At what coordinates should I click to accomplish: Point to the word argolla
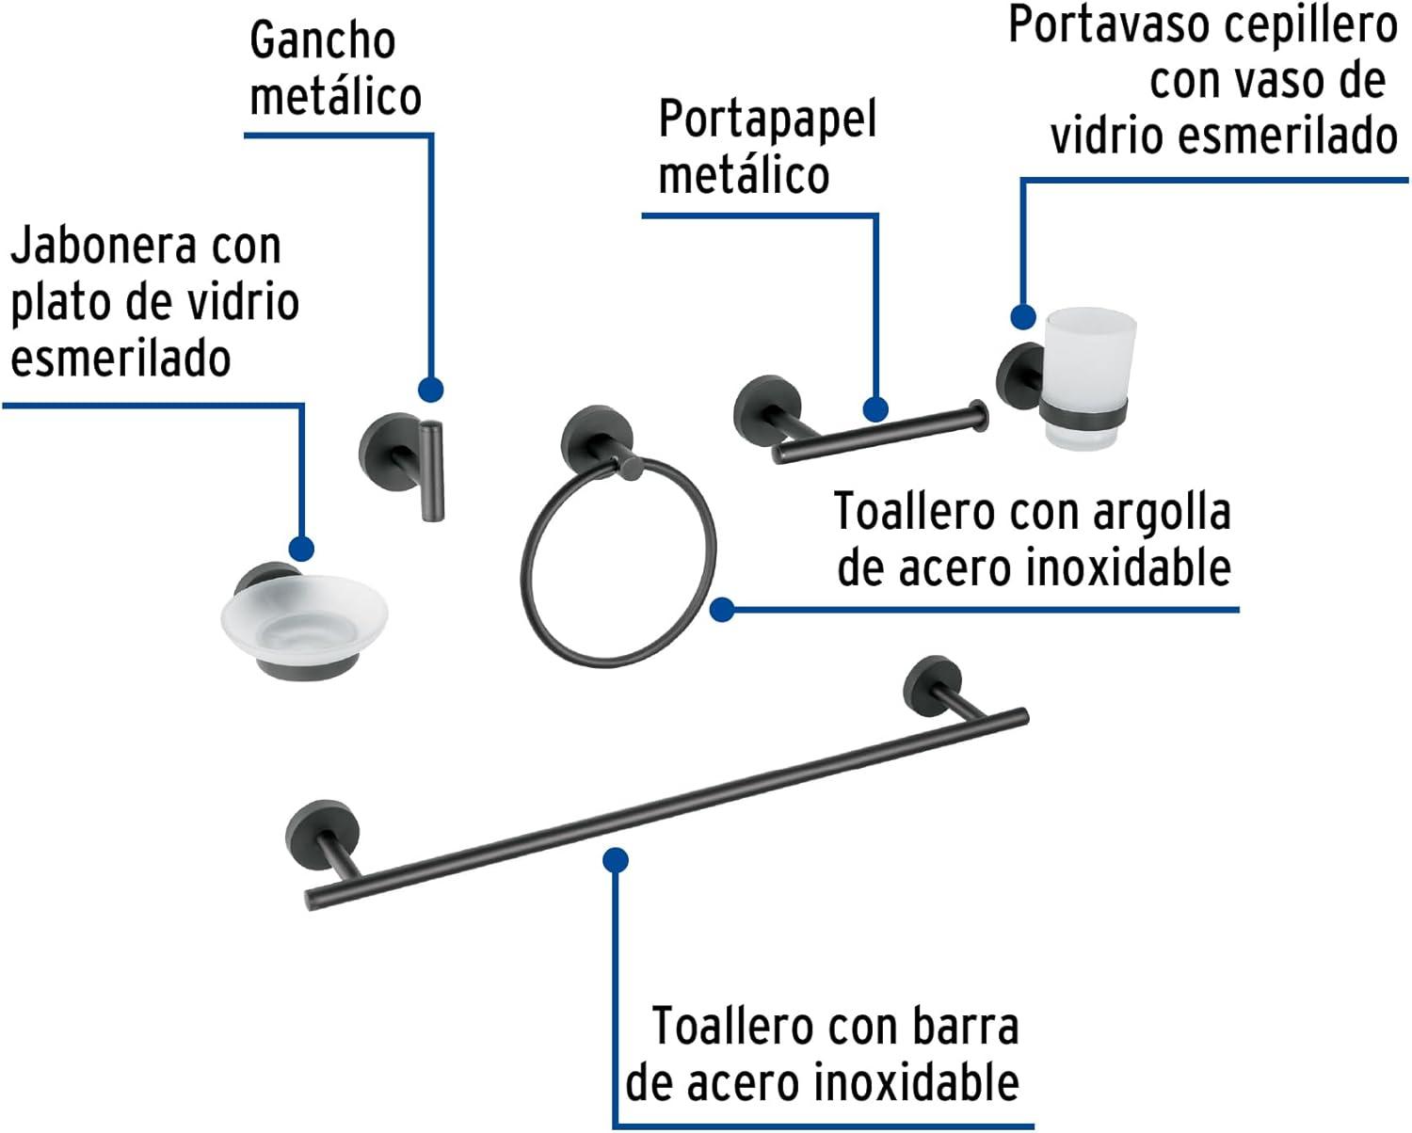(x=1162, y=513)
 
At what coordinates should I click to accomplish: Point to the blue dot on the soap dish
(x=301, y=549)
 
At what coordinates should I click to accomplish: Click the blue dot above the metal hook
(x=430, y=390)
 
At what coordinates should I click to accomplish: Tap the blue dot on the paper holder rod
(x=875, y=409)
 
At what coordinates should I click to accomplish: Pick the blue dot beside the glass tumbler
(x=1023, y=316)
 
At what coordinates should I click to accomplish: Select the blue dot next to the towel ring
(x=722, y=610)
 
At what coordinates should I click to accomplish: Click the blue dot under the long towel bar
(x=616, y=859)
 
